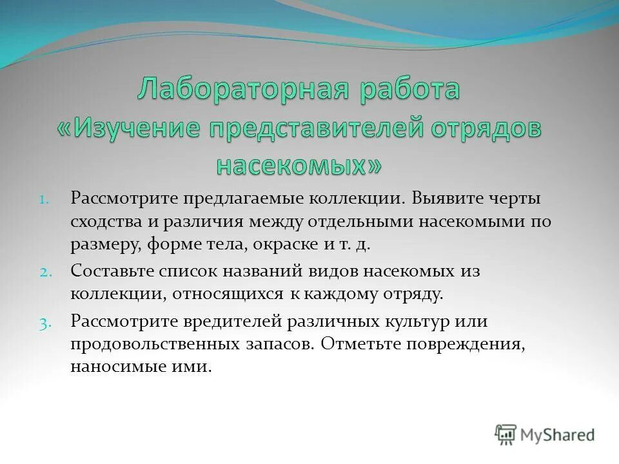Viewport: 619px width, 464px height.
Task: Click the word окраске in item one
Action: tap(290, 245)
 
